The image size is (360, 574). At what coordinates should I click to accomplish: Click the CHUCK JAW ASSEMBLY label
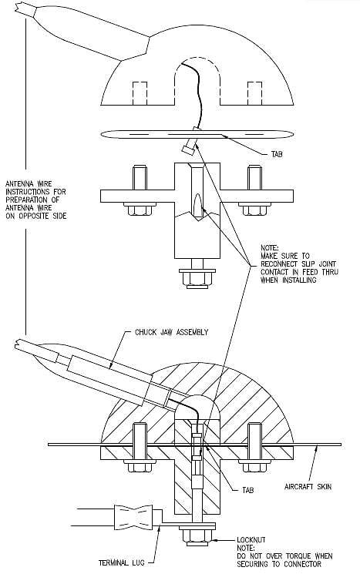(171, 332)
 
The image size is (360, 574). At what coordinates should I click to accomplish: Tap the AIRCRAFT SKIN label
(308, 486)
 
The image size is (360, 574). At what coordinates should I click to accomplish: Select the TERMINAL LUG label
(121, 562)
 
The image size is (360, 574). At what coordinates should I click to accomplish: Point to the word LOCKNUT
(251, 540)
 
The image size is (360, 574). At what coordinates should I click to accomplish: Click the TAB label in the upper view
(277, 154)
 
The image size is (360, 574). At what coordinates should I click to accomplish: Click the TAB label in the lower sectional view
(247, 490)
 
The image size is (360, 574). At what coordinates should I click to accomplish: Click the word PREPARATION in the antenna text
(26, 200)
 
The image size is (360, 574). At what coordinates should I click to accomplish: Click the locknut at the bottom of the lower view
(197, 536)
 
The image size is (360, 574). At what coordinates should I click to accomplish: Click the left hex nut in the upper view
(140, 209)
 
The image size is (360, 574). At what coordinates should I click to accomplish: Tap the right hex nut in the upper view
(254, 209)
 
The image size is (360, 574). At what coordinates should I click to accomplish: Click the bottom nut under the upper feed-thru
(197, 278)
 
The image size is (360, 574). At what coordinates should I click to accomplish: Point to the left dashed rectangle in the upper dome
(140, 93)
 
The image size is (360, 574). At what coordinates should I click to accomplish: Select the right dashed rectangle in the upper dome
(254, 93)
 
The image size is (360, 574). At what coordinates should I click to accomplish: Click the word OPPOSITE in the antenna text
(33, 216)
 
